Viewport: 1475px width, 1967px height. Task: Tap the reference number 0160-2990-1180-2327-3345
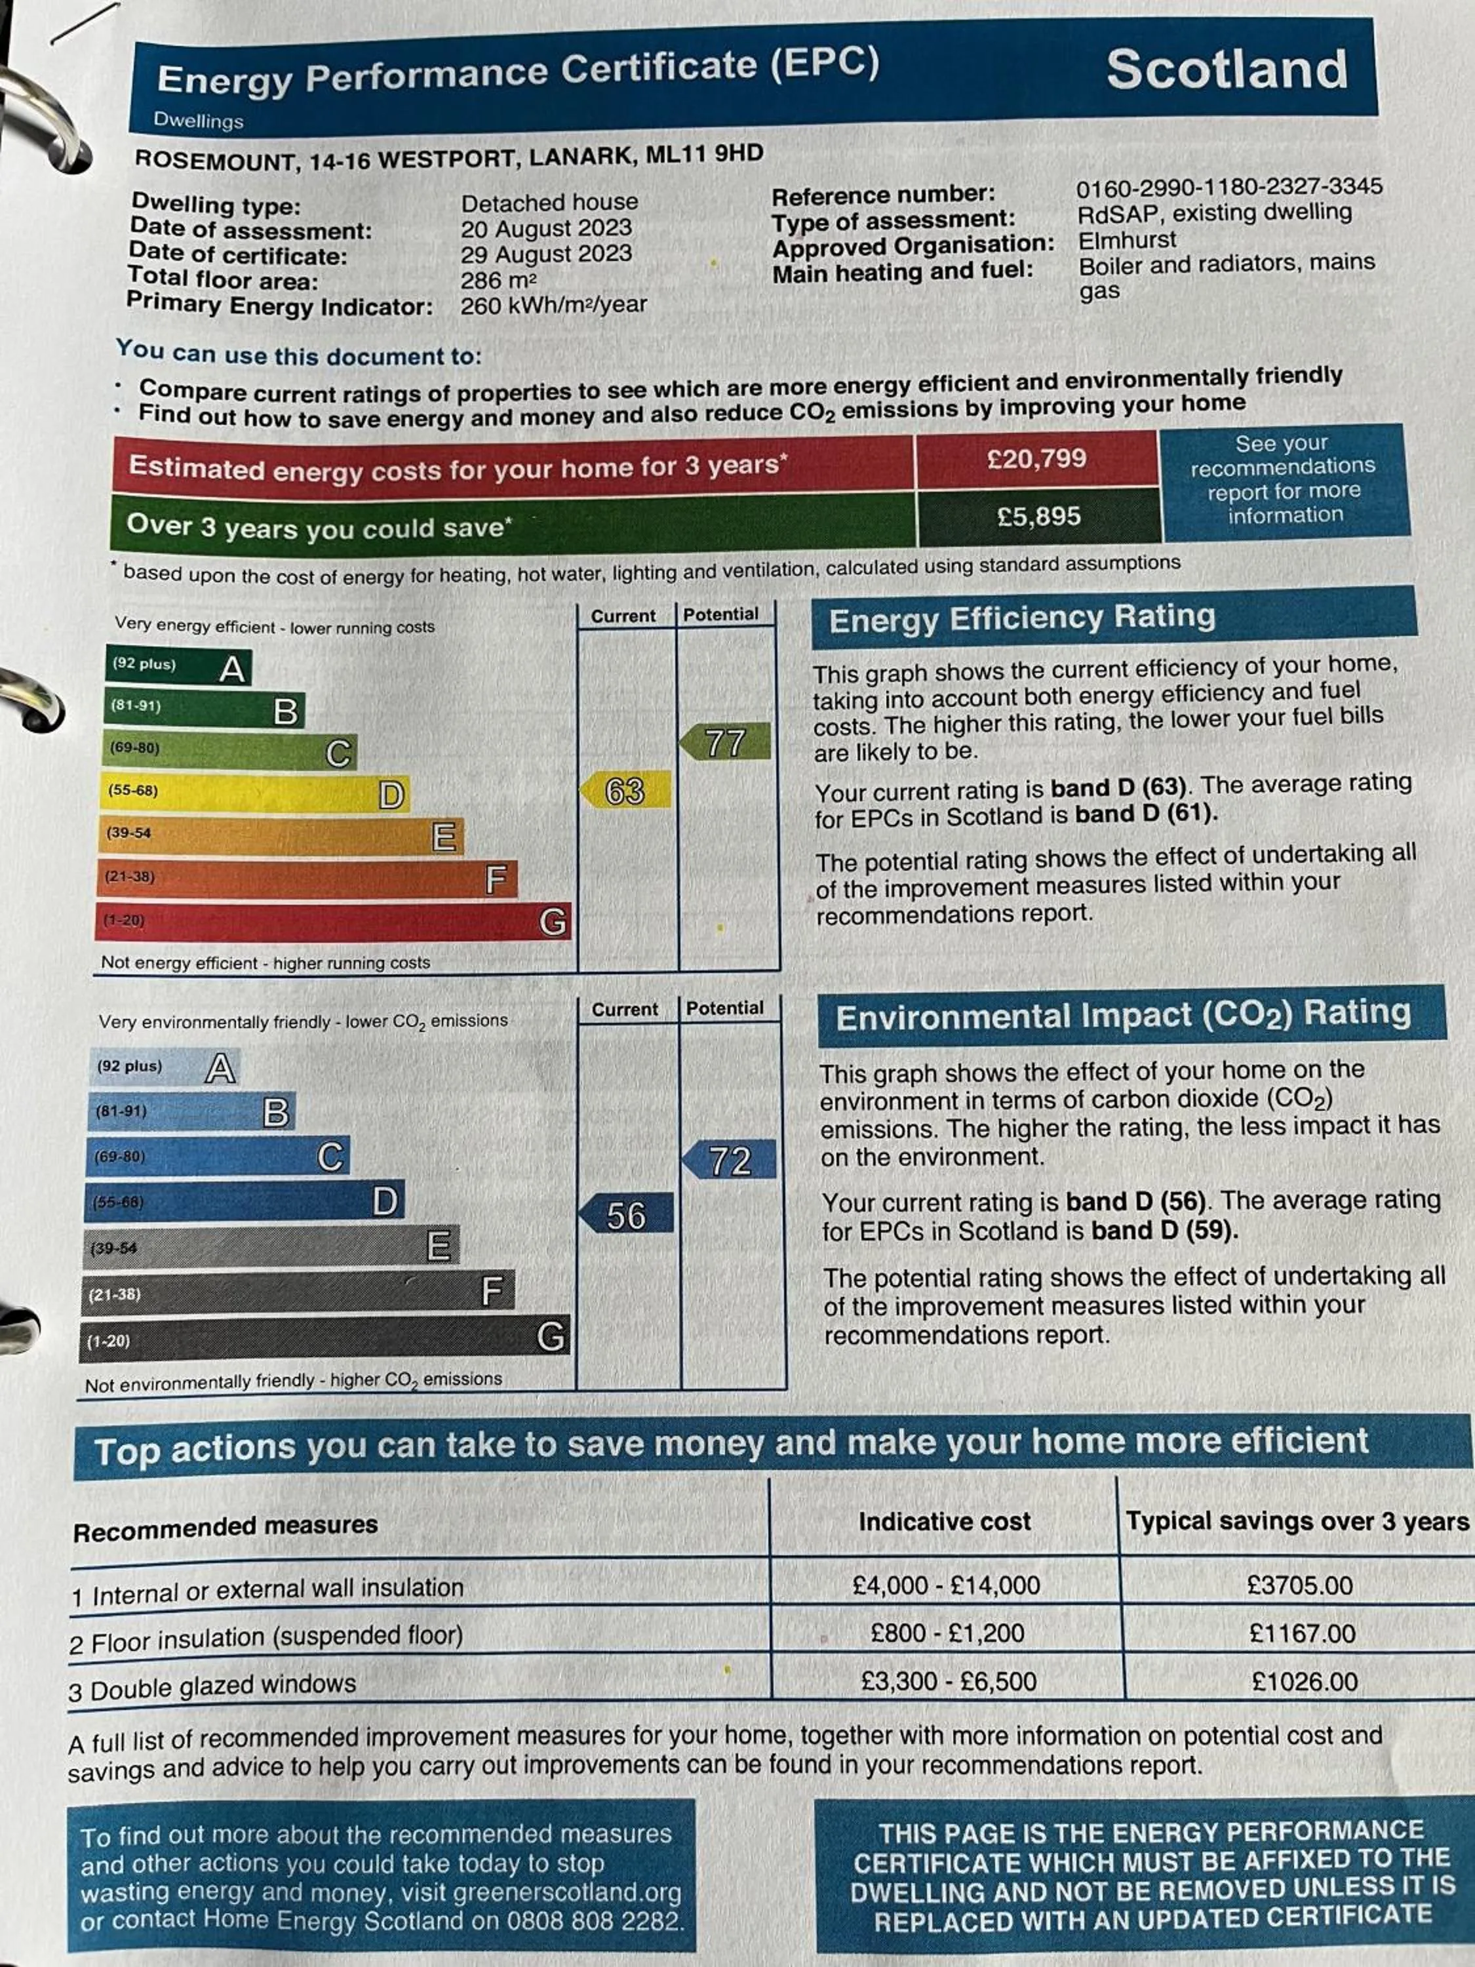point(1229,187)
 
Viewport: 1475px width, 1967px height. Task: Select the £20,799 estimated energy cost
point(1036,459)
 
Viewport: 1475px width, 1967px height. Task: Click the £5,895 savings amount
point(1038,517)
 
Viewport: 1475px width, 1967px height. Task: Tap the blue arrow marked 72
point(730,1161)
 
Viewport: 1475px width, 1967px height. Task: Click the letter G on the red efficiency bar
point(552,921)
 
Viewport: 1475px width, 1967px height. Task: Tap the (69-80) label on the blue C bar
point(119,1157)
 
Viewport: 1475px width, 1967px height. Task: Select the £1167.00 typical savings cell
point(1302,1633)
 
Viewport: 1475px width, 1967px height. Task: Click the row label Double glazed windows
point(222,1686)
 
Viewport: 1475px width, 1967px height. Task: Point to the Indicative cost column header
point(944,1522)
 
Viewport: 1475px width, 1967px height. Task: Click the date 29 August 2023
point(546,254)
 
